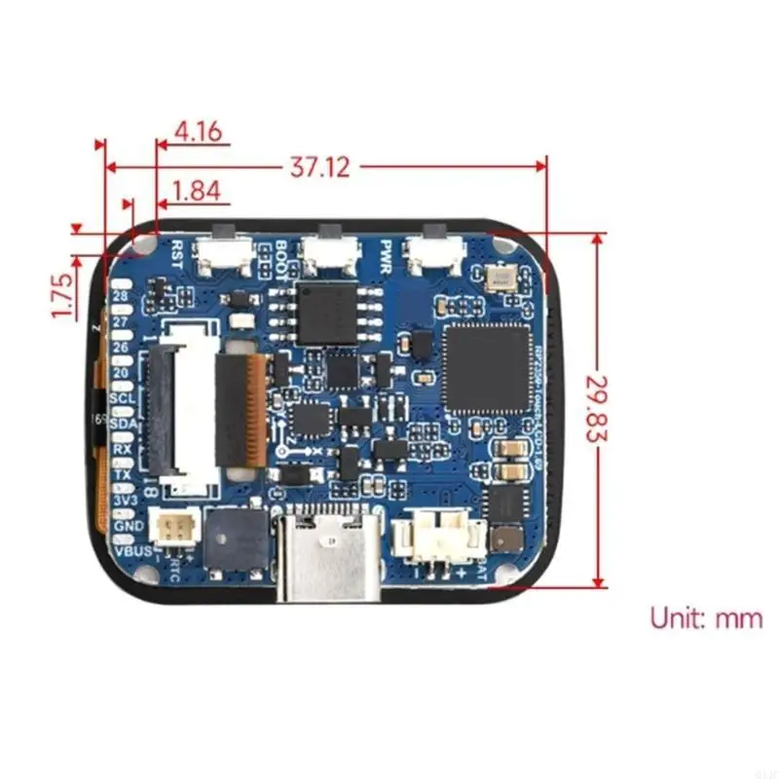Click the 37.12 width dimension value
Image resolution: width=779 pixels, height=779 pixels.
(x=319, y=167)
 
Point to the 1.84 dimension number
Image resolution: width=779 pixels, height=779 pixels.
(x=196, y=191)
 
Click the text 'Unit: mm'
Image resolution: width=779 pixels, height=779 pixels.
(x=707, y=617)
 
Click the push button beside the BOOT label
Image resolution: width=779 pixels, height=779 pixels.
(x=329, y=255)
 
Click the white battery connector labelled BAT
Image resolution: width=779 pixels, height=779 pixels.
(x=438, y=538)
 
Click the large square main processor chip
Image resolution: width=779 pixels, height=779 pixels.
(x=486, y=366)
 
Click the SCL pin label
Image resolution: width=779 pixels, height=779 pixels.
(x=123, y=398)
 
